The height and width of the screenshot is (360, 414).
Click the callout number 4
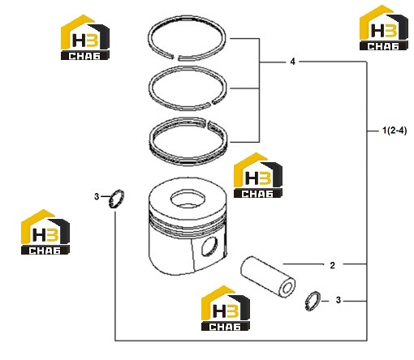click(292, 62)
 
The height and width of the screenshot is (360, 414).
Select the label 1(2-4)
click(395, 131)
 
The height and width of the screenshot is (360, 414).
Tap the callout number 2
click(333, 265)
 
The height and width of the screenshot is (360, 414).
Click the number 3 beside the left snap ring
click(97, 196)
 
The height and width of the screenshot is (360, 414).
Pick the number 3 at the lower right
click(339, 300)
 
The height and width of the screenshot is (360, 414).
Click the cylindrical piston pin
click(268, 276)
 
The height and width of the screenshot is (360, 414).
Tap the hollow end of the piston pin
click(287, 289)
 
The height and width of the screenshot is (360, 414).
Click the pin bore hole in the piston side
click(209, 246)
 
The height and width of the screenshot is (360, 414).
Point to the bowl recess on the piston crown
click(188, 199)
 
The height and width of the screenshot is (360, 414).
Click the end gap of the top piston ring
click(175, 58)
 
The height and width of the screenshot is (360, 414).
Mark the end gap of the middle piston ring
click(211, 102)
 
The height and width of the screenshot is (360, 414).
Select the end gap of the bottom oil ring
click(208, 122)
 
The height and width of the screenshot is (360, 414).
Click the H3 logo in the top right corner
click(384, 28)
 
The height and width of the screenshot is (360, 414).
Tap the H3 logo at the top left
click(85, 37)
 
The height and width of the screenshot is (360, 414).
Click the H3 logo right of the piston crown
click(258, 175)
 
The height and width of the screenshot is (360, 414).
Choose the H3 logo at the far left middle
click(45, 232)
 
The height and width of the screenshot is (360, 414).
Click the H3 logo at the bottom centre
click(226, 308)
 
